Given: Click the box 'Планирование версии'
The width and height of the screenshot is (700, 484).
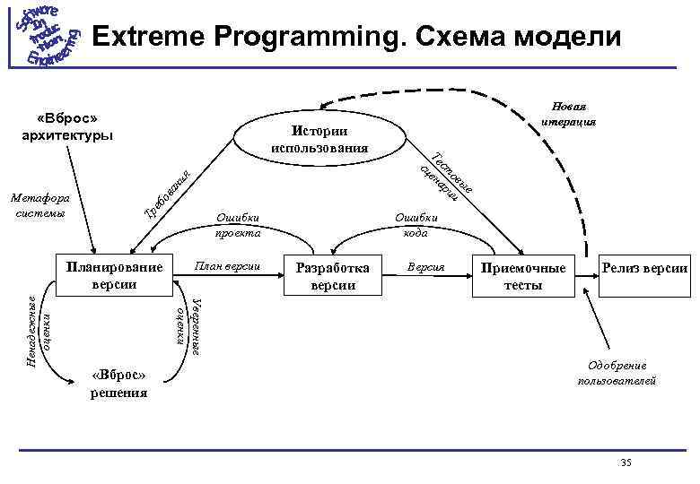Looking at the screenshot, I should coord(113,275).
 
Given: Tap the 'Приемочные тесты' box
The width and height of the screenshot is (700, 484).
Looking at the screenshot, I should coord(523,276).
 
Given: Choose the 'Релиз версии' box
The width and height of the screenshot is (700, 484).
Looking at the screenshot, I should coord(644,268).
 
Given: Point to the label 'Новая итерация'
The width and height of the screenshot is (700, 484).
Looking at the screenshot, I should coord(564,114).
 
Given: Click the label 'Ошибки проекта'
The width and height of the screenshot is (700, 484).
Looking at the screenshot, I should coord(237,224).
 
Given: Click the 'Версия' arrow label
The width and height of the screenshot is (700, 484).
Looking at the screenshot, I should coord(425,267).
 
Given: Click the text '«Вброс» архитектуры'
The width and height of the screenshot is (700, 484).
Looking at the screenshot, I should coord(67,127).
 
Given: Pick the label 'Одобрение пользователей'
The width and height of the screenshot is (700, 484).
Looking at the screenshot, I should coord(617,373).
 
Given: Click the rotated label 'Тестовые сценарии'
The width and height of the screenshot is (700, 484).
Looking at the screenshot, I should coord(444,176).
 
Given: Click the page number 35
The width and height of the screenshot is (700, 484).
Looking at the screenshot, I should coord(626,462).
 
